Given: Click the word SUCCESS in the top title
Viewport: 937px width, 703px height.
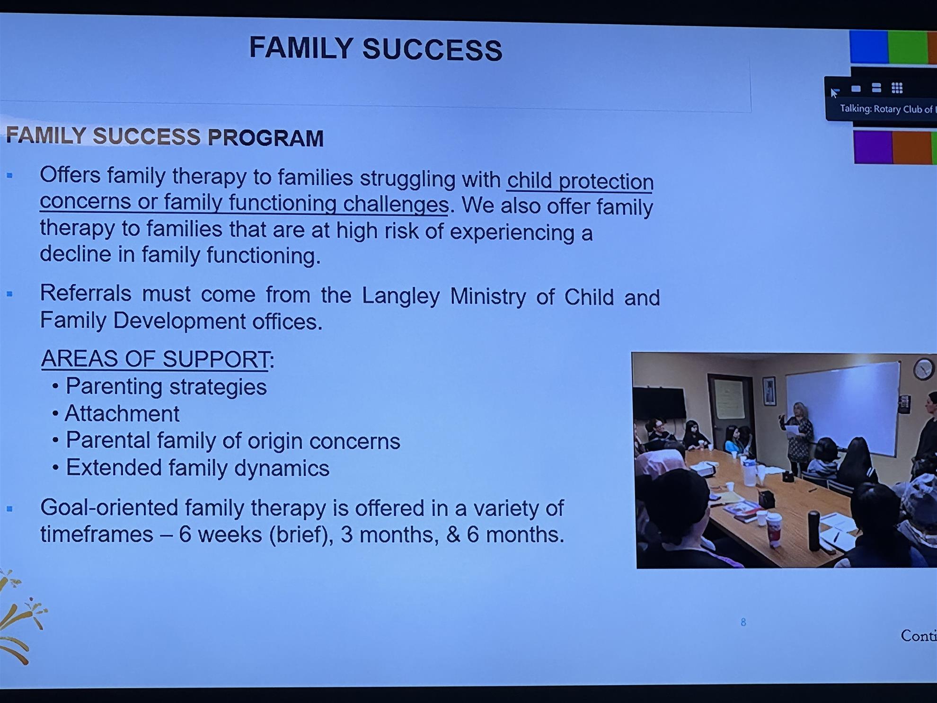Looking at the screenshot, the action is pyautogui.click(x=432, y=50).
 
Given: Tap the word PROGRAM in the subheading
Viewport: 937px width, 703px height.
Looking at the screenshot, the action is pyautogui.click(x=265, y=138).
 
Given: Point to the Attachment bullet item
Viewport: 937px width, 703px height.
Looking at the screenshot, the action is pyautogui.click(x=122, y=414).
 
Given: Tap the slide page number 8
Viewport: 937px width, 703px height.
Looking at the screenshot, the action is pyautogui.click(x=743, y=622).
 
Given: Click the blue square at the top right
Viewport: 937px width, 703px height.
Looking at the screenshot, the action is pyautogui.click(x=869, y=46).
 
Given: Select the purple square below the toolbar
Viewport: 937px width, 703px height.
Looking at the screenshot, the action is pyautogui.click(x=873, y=147).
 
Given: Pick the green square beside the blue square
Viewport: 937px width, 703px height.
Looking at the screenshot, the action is pyautogui.click(x=908, y=47).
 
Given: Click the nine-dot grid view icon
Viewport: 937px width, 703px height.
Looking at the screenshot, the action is pyautogui.click(x=897, y=88).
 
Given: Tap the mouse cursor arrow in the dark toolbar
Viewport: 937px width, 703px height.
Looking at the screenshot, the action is pyautogui.click(x=834, y=92).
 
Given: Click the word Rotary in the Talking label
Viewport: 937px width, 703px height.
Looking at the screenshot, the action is pyautogui.click(x=887, y=109).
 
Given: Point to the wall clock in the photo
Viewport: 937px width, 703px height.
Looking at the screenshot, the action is pyautogui.click(x=923, y=369).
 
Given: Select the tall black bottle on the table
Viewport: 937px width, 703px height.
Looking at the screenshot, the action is pyautogui.click(x=813, y=531).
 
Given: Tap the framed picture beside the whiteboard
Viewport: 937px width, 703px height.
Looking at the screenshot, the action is pyautogui.click(x=769, y=391).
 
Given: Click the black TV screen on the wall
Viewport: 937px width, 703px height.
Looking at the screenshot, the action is pyautogui.click(x=659, y=403).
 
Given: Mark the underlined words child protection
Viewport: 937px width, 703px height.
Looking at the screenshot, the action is pyautogui.click(x=580, y=181).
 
